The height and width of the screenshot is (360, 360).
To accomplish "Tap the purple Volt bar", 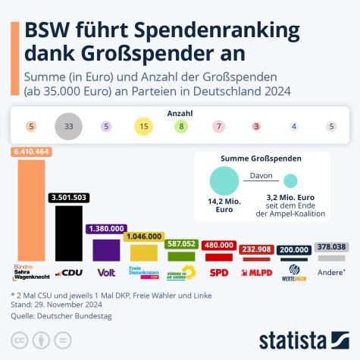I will (x=105, y=249).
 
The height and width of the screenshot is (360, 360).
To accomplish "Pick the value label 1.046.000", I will (x=143, y=236).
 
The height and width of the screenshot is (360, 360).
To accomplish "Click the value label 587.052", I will (x=182, y=244).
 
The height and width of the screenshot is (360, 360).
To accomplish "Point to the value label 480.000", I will (x=218, y=245).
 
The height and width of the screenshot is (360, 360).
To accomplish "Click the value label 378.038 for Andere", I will (x=330, y=246).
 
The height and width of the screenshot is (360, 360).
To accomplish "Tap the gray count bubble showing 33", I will (x=68, y=127).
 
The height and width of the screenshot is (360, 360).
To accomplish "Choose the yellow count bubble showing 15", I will (x=144, y=127).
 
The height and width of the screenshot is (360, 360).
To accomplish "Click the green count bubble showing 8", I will (x=180, y=127).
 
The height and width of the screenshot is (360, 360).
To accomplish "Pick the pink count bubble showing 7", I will (x=218, y=127).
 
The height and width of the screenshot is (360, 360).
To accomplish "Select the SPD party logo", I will (x=218, y=272).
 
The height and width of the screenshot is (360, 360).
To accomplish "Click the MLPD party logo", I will (x=255, y=272).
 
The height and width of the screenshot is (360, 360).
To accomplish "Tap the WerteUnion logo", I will (x=293, y=271).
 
